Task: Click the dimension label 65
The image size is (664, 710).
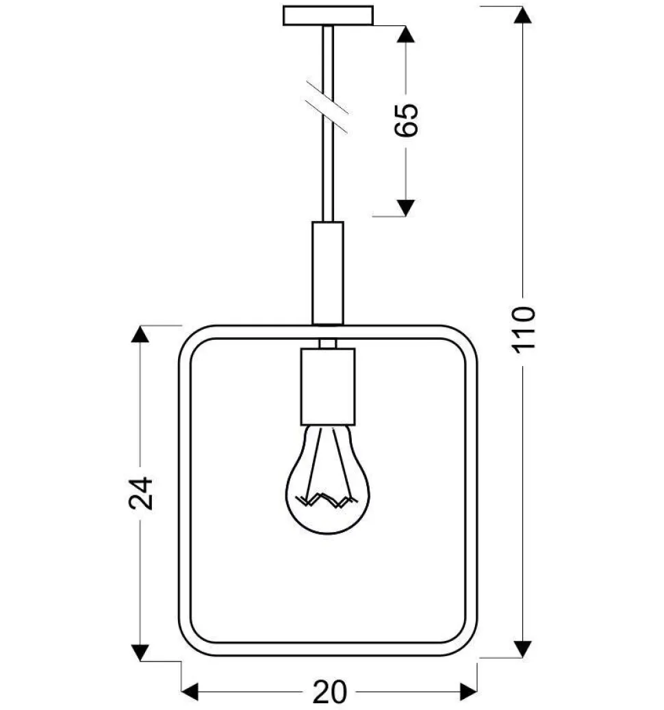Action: pos(406,120)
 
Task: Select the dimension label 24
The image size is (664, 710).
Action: pos(141,493)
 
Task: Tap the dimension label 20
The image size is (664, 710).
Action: pos(329,692)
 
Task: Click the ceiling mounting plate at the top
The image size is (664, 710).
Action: pos(328,16)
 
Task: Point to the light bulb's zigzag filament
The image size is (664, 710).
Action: pos(325,500)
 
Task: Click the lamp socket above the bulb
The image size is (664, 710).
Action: pos(328,386)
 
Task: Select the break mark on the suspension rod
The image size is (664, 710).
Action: pos(327,107)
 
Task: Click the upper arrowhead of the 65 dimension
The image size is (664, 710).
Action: pos(406,34)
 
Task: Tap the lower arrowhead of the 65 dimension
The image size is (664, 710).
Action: pos(406,208)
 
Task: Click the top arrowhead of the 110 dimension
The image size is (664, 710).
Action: pos(523,15)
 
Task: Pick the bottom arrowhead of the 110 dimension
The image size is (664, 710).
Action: pos(523,649)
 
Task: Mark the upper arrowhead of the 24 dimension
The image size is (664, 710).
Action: pos(140,334)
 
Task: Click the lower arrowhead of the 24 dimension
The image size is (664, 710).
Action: pos(140,653)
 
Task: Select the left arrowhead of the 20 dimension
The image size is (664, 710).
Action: pos(190,692)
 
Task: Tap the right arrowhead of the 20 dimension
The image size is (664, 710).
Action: pos(468,692)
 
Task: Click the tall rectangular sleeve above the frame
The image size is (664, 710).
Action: pos(328,273)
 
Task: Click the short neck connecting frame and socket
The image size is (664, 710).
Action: pos(328,343)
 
